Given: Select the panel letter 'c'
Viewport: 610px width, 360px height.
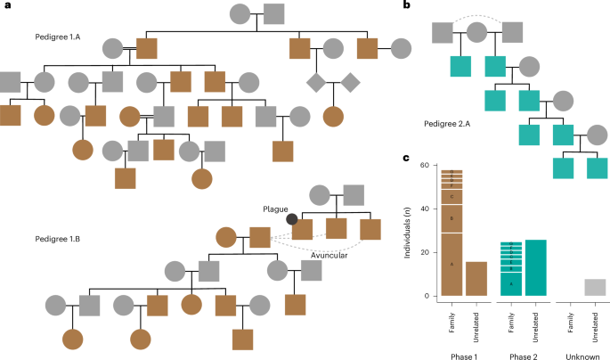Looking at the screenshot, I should [x=407, y=160].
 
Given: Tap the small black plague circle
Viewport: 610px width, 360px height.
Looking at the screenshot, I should [x=290, y=218].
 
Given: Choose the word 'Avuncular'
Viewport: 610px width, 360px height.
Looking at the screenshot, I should [x=333, y=256].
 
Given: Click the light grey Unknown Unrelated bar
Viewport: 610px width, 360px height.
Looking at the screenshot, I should [x=595, y=287].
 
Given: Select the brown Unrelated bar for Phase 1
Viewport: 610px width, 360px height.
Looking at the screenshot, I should [x=476, y=278].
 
